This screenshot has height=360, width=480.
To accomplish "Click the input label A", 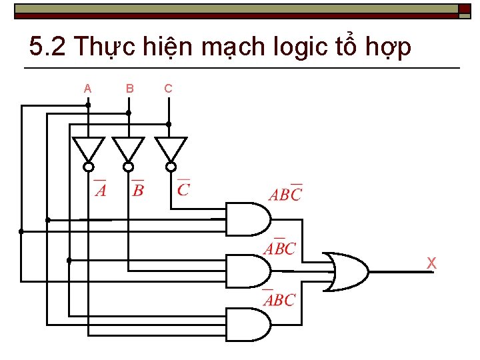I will pos(87,89).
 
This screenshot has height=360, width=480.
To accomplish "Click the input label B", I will pos(129,89).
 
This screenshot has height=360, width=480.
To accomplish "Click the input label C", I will pos(168,89).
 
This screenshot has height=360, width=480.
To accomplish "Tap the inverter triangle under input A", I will pos(88,149).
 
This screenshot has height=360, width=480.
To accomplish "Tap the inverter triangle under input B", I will pos(128,149).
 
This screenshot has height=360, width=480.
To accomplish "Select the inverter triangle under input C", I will pos(171,149).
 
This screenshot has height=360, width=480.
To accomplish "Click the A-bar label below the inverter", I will pos(100,189).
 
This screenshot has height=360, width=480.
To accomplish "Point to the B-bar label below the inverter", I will pos(138,189).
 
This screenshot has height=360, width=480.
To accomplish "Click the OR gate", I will pos(345,271).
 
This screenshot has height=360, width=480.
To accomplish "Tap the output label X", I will pos(431,264).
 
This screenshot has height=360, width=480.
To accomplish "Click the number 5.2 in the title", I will pos(48,47).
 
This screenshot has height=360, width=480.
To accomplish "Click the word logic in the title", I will pos(289,47).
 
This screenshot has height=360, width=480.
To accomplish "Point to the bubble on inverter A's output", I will pos(89,167).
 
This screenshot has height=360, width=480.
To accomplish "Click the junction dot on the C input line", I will pos(169,124).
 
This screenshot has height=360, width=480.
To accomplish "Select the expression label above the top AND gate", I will pos(285,194).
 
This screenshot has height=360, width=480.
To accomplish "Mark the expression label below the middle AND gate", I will pos(279,299).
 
